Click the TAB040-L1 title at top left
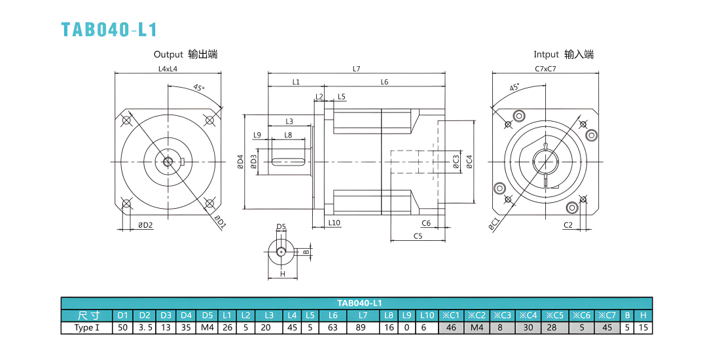point(109,29)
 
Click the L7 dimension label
point(356,69)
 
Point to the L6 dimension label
point(384,82)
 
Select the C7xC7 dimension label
point(545,69)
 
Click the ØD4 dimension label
point(240,162)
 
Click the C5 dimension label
point(418,236)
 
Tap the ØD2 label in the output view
point(145,225)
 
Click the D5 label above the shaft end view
point(281,226)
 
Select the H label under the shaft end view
point(283,274)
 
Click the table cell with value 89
point(363,328)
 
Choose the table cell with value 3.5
point(145,328)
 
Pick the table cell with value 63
point(333,328)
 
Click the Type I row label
point(87,328)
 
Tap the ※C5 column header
point(555,315)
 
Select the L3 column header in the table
point(268,315)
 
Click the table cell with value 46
point(452,328)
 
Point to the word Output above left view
point(168,54)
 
